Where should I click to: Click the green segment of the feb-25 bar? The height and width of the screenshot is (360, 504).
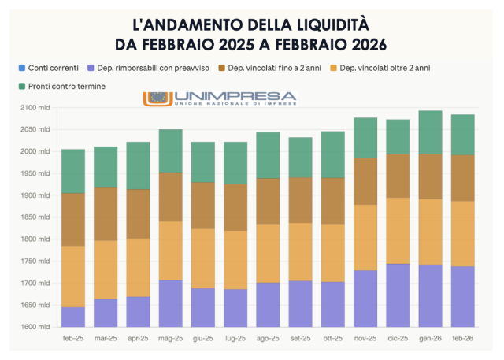[73, 171]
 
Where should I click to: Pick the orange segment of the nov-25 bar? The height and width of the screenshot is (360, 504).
[365, 238]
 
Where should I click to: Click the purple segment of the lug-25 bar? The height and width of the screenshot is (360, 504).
[235, 308]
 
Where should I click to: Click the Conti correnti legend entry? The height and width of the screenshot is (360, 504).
[51, 68]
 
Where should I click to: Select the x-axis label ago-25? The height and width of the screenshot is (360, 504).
[268, 338]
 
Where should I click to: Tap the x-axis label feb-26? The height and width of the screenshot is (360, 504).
[462, 338]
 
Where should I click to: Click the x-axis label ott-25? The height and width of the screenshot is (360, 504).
[333, 338]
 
